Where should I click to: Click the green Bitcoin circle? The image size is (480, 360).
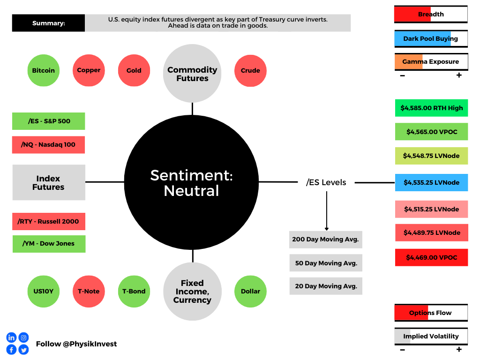[44, 70]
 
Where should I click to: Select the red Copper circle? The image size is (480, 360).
[89, 70]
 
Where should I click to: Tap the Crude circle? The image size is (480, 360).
[250, 71]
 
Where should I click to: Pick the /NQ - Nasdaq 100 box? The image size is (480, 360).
[48, 145]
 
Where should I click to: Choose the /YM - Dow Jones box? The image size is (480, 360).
[49, 244]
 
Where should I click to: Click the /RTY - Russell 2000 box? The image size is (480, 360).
[49, 221]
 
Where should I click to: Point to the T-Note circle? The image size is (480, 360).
[89, 292]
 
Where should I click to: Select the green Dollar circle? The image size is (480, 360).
[250, 292]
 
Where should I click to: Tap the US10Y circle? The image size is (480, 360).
[44, 292]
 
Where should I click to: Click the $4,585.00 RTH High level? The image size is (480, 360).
[431, 108]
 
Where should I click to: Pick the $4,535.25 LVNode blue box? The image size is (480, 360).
[431, 182]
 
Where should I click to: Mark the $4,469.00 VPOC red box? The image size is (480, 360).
[431, 257]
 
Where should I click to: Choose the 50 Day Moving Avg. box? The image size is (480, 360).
[326, 263]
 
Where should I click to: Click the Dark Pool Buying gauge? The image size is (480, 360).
[431, 39]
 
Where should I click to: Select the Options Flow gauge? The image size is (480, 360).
[431, 313]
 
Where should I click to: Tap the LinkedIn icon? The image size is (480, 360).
[11, 337]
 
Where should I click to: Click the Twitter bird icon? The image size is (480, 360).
[23, 350]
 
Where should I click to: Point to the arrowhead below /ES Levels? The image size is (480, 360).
[327, 229]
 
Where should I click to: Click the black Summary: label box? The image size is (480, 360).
[48, 23]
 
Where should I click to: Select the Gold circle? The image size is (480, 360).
[134, 70]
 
